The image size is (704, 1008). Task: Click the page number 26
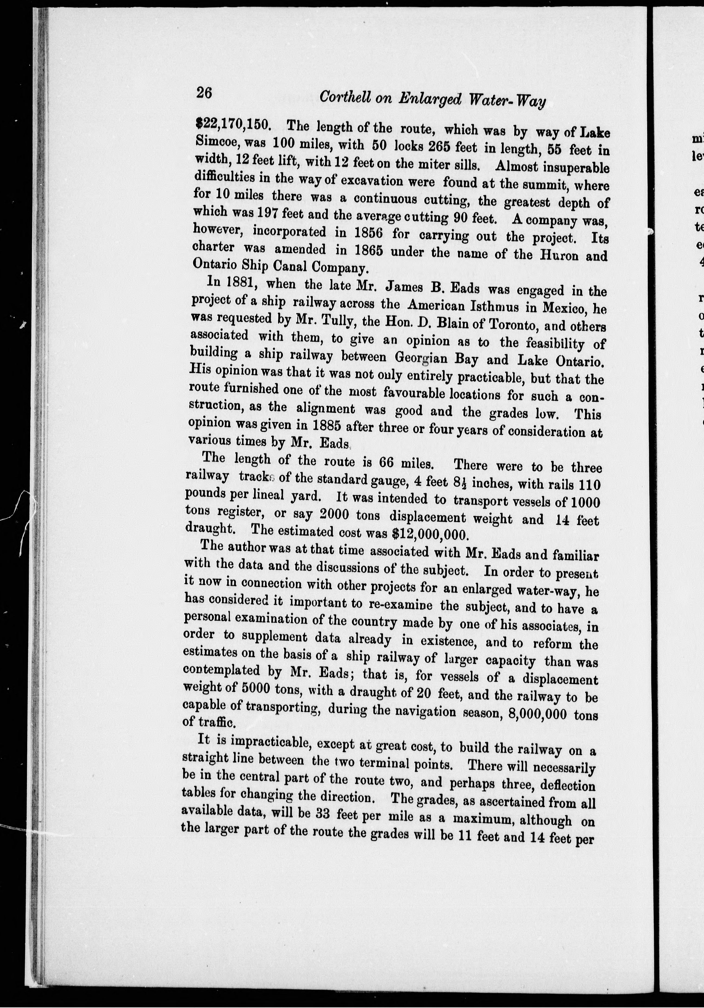pos(204,93)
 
